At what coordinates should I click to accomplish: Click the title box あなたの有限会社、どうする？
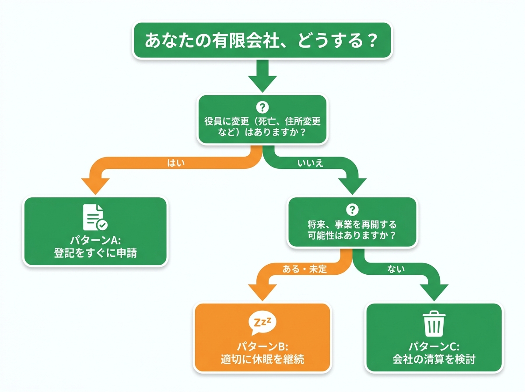262,40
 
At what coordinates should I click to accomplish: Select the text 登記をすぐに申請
95,252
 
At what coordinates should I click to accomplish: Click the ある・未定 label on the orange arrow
305,269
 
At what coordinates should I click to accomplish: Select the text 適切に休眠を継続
262,359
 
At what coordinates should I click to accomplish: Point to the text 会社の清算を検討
433,359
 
